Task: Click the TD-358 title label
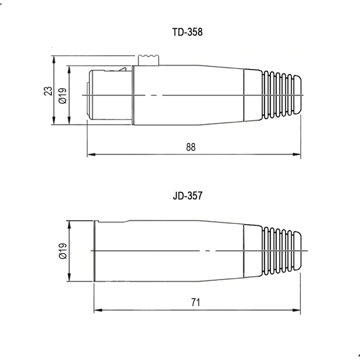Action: [187, 32]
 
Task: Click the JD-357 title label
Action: [188, 196]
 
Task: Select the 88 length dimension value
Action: [191, 147]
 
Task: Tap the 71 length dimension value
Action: [196, 302]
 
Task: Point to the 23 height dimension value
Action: [48, 91]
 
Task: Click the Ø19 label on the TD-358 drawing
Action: [63, 96]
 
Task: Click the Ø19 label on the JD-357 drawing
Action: [63, 251]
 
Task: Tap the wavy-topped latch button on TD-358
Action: [148, 60]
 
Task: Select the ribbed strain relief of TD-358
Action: [282, 95]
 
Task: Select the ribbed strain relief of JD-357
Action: [282, 251]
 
